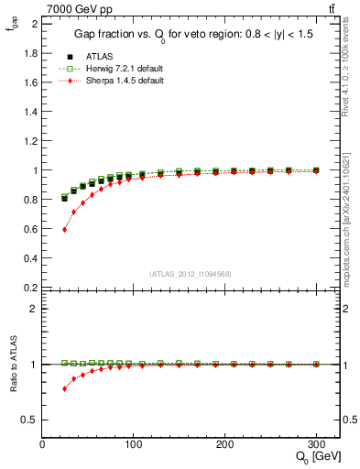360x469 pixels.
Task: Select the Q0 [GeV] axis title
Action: click(x=313, y=457)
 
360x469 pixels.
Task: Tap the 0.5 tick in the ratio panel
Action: click(x=30, y=420)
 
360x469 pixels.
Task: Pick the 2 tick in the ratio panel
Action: click(x=34, y=309)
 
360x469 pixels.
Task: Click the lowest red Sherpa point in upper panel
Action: click(x=64, y=229)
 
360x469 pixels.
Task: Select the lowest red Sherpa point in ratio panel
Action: click(x=64, y=388)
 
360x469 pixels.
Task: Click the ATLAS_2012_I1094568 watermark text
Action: click(x=189, y=273)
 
